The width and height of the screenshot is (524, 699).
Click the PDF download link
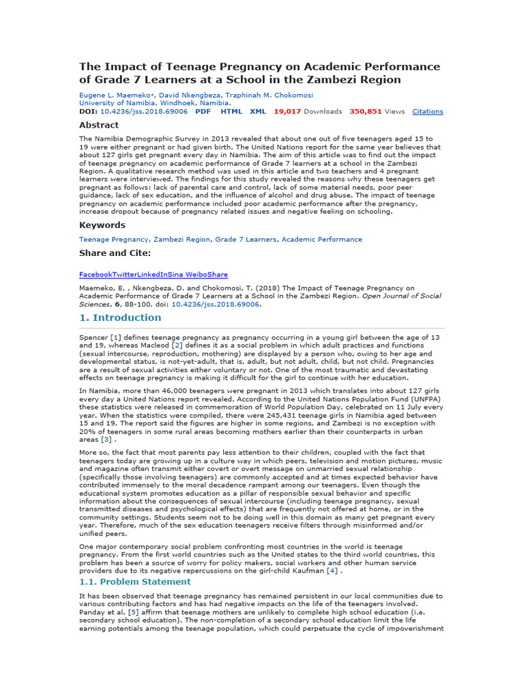click(x=203, y=111)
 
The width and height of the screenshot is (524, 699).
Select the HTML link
click(x=231, y=111)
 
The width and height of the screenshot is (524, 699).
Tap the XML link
click(x=258, y=111)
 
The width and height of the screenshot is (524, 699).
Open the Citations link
click(x=428, y=111)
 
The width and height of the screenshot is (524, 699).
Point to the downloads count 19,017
click(x=287, y=111)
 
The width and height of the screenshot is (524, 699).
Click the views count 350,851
click(x=365, y=111)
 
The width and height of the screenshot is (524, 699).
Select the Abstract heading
click(x=99, y=125)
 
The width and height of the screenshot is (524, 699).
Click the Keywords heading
click(x=102, y=225)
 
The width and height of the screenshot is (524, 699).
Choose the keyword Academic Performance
click(x=322, y=240)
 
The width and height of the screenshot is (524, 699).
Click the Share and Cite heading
click(x=115, y=253)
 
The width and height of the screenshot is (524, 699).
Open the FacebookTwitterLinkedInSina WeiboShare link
click(x=154, y=274)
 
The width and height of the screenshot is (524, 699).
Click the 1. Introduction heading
click(x=121, y=317)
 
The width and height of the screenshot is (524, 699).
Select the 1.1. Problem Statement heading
click(x=135, y=582)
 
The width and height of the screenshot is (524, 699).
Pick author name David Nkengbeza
click(x=181, y=95)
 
